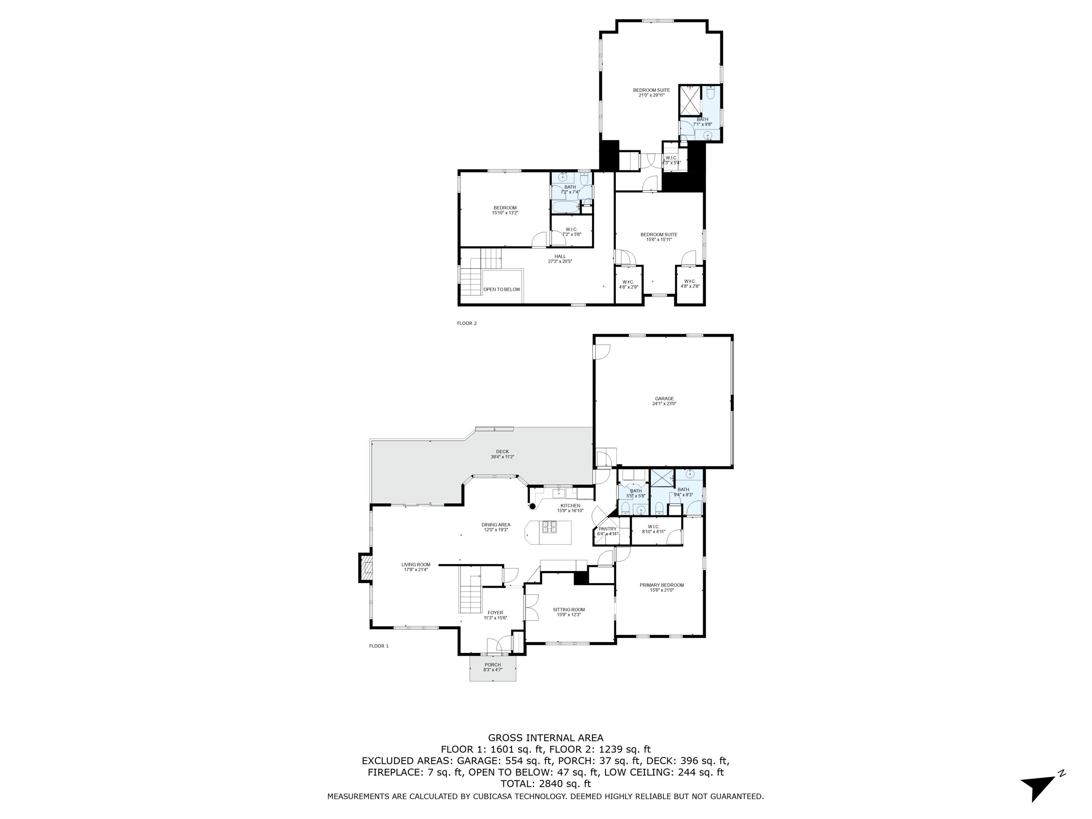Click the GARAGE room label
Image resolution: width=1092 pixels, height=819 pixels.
tap(664, 398)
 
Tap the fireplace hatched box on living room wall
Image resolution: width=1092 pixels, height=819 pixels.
tap(366, 568)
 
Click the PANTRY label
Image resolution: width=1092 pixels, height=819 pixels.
tap(607, 529)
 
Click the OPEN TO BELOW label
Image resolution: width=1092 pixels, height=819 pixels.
tap(502, 289)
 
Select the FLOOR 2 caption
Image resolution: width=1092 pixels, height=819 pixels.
tap(467, 323)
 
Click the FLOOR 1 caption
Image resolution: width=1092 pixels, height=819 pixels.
tap(379, 646)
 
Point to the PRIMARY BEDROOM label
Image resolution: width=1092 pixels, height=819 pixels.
tap(661, 585)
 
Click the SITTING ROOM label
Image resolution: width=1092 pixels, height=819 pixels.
tap(569, 610)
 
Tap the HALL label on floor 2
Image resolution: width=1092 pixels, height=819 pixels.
tap(560, 256)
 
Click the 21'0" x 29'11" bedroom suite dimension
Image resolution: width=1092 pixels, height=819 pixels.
tap(651, 95)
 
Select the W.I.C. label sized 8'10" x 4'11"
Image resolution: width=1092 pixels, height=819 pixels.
tap(654, 527)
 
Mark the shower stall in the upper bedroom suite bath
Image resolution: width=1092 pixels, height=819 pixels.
tap(690, 100)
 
